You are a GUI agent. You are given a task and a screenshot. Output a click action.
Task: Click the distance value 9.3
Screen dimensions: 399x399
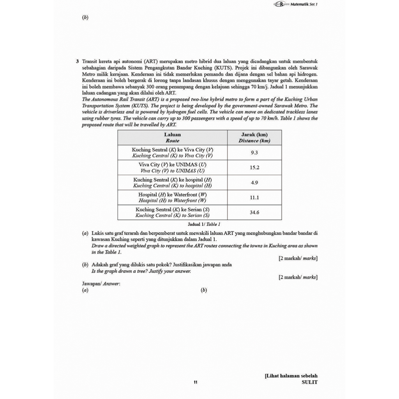point(254,152)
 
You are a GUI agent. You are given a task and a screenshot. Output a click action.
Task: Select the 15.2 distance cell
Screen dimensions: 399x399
point(254,168)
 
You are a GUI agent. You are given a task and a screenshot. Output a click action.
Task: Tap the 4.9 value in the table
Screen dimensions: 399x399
point(254,182)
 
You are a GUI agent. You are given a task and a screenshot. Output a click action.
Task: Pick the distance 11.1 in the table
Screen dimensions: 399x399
point(254,198)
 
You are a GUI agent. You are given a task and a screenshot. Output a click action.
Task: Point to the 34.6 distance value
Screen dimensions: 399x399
point(254,212)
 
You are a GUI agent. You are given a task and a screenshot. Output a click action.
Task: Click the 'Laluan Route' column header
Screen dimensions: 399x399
point(172,138)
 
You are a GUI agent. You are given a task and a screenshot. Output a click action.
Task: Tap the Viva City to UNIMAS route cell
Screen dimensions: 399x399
point(172,168)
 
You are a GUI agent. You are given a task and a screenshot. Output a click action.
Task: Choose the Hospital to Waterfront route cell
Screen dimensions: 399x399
point(172,198)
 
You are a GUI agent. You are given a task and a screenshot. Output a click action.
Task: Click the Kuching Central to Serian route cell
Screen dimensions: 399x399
point(172,212)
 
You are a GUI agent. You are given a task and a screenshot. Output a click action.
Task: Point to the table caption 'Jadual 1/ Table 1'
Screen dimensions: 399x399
point(204,224)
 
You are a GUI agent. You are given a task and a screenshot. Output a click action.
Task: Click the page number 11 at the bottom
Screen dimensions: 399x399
point(196,382)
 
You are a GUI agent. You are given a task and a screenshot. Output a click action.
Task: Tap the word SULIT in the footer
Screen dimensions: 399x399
point(309,382)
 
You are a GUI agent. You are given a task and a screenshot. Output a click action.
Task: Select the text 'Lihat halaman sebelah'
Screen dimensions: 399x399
point(291,376)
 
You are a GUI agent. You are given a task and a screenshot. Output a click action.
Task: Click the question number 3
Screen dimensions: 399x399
point(78,62)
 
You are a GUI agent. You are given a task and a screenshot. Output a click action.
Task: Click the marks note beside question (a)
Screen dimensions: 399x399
point(298,258)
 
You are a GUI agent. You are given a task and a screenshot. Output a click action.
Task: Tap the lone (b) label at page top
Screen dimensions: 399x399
point(85,18)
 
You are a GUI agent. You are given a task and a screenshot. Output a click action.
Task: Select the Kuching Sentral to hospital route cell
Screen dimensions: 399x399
point(172,182)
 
